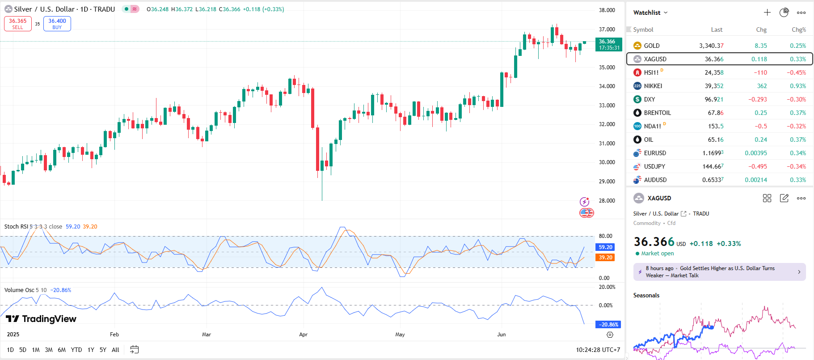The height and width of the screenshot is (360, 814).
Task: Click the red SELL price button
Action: coord(18,24)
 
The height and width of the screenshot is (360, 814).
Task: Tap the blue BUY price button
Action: coord(57,24)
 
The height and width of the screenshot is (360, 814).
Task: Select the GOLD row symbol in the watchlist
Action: coord(651,46)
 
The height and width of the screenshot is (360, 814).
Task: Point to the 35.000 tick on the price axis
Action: coord(607,67)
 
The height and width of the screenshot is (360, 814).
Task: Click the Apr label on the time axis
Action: coord(303,335)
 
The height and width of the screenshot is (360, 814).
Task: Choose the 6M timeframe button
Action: coord(62,350)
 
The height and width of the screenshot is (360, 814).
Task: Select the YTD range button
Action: coord(76,350)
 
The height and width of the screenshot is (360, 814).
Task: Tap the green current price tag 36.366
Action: coord(608,44)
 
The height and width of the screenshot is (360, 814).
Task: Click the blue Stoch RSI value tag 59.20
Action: coord(605,247)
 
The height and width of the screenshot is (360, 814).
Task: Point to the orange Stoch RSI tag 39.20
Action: coord(605,257)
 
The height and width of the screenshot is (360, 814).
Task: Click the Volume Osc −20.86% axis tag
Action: coord(608,324)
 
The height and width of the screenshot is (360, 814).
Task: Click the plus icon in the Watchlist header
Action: coord(767,13)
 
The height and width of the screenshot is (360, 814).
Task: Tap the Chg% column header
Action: coord(798,30)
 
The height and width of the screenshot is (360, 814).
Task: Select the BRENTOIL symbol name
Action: coord(657,113)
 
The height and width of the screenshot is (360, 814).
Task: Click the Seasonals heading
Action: coord(646,295)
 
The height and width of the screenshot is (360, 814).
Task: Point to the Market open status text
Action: coord(657,254)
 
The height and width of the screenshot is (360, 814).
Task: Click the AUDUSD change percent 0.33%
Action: coord(797,180)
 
